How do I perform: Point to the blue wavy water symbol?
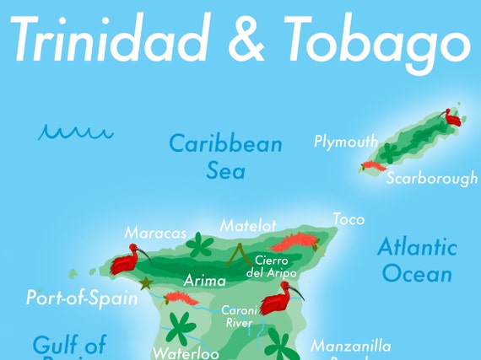coord(75,132)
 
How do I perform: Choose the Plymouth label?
coord(346,141)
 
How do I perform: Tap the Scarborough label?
coord(432,179)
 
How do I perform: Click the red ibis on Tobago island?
coord(452,118)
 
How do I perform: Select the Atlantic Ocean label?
coord(417,260)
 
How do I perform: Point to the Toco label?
coord(349,219)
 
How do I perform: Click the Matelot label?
coord(248,225)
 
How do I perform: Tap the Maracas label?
coord(155,232)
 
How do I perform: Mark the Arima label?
coord(205,281)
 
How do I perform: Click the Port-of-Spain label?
coord(82,298)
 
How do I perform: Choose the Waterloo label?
coord(186,352)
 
